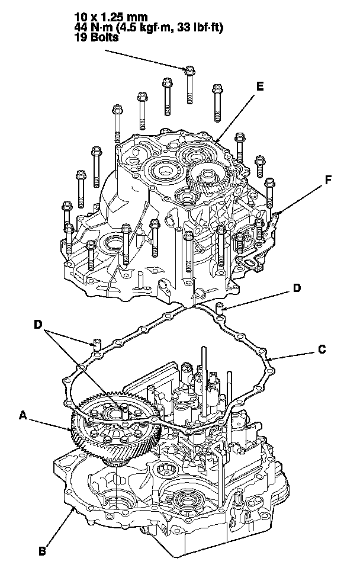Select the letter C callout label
[x=322, y=349]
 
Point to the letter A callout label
[x=23, y=416]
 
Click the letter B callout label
[x=42, y=551]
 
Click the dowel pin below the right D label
[x=219, y=309]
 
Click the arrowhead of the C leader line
[x=268, y=360]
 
